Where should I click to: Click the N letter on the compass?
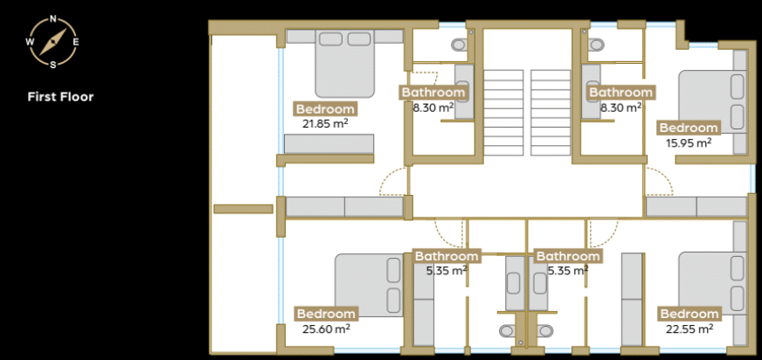[x=53, y=20]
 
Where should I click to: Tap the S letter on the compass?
[x=53, y=64]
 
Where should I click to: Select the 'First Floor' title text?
[x=60, y=97]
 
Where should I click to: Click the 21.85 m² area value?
[x=325, y=123]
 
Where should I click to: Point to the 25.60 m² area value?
[x=326, y=329]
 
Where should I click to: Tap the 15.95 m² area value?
[x=688, y=142]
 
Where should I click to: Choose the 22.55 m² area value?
[x=689, y=329]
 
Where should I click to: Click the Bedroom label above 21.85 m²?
[x=325, y=109]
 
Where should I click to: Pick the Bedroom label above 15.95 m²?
[x=689, y=128]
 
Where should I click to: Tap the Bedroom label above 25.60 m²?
[x=326, y=314]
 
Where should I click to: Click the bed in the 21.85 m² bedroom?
[x=345, y=64]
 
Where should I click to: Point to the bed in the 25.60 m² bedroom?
[x=370, y=285]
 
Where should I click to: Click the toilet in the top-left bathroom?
[x=460, y=45]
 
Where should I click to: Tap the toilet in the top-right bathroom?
[x=595, y=45]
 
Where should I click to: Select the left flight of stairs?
[x=503, y=113]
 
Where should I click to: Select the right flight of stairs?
[x=551, y=113]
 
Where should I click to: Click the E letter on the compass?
[x=76, y=42]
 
